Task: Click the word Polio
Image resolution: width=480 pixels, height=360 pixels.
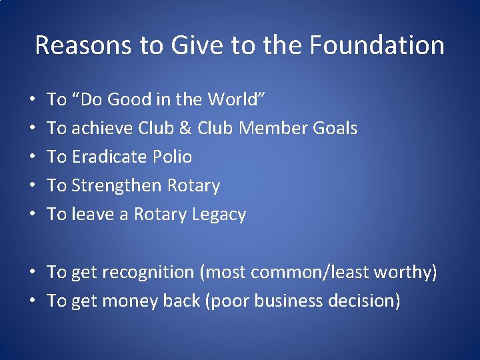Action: coord(172,157)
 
